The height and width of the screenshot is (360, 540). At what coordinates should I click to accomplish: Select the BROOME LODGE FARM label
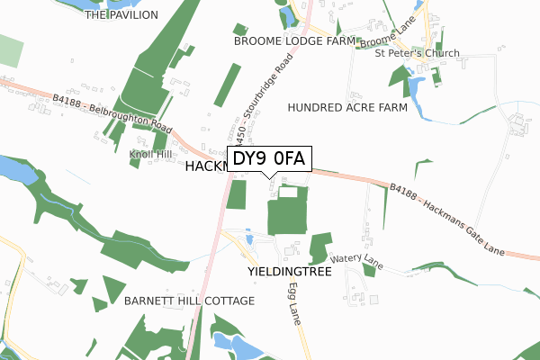[294, 41]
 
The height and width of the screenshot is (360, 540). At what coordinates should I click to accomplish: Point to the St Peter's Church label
[417, 54]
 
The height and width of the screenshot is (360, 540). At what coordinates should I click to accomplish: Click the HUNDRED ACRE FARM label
[347, 108]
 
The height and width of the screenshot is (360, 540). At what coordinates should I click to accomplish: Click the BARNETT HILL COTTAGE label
[191, 301]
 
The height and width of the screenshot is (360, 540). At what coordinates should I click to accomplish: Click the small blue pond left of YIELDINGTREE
[248, 238]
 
